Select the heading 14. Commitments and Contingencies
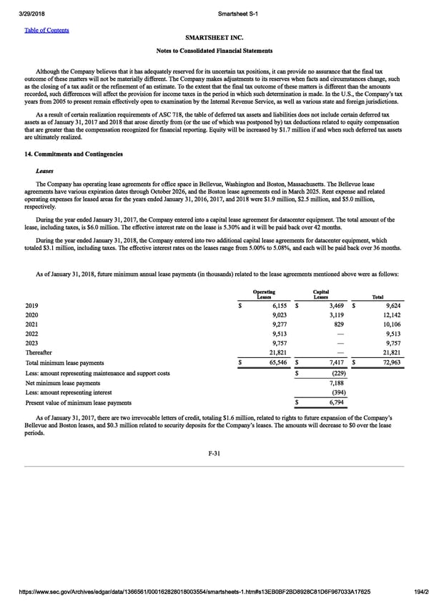pyautogui.click(x=74, y=154)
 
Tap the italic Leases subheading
pyautogui.click(x=44, y=171)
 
